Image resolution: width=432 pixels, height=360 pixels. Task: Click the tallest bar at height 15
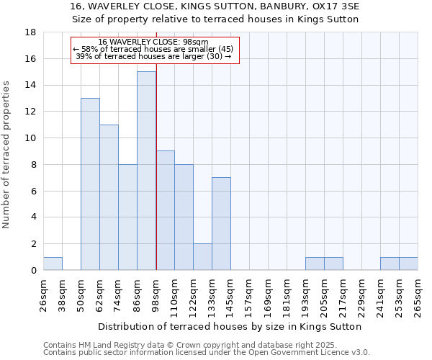[x=146, y=171]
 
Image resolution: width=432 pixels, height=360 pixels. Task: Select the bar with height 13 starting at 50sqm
[x=90, y=184]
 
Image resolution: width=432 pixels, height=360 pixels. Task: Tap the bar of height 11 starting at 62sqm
[x=109, y=197]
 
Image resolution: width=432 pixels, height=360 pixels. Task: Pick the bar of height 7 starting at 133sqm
[x=221, y=223]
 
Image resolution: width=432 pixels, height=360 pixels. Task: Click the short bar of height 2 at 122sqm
[x=202, y=256]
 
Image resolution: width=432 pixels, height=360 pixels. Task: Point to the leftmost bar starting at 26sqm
[x=53, y=264]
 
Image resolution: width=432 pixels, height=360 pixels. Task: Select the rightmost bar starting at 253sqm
[x=408, y=264]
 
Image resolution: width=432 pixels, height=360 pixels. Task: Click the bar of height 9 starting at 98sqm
[x=165, y=210]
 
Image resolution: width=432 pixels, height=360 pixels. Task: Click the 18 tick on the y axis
[x=30, y=32]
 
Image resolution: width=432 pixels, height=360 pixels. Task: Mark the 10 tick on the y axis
[x=30, y=138]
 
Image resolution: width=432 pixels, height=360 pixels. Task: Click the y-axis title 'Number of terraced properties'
[x=7, y=154]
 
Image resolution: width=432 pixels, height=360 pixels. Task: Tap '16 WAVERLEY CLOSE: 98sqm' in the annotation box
[x=153, y=42]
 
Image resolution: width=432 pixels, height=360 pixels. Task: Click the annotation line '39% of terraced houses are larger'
[x=153, y=56]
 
